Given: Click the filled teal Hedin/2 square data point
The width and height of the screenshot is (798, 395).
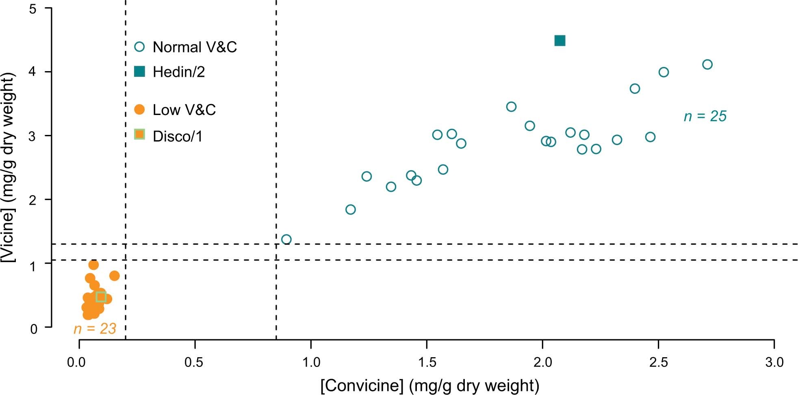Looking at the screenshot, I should pyautogui.click(x=559, y=41).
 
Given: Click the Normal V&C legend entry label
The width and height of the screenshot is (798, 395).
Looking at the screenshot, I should pyautogui.click(x=195, y=47).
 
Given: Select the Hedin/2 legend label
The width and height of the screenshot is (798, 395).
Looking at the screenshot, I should pyautogui.click(x=178, y=72).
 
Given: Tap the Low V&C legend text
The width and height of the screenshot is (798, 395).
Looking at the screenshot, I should pyautogui.click(x=184, y=110).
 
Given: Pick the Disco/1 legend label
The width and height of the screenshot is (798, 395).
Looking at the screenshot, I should pyautogui.click(x=177, y=137).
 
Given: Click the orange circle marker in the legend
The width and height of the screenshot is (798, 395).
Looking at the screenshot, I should pyautogui.click(x=139, y=109).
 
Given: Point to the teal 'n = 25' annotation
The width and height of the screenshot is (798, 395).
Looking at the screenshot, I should pyautogui.click(x=705, y=116).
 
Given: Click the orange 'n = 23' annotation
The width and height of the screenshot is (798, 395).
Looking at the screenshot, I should pyautogui.click(x=95, y=328).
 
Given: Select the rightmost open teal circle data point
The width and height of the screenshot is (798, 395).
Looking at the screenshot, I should pyautogui.click(x=707, y=65).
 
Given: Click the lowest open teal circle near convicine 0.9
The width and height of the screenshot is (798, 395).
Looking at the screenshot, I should pyautogui.click(x=286, y=239).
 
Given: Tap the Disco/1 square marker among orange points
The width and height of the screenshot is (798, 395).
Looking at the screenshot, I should pyautogui.click(x=101, y=297).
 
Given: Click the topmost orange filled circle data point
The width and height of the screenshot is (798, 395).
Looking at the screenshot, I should pyautogui.click(x=93, y=265).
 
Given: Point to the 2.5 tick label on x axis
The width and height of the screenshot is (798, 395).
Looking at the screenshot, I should pyautogui.click(x=658, y=362).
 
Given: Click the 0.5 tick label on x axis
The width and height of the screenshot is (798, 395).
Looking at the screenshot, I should pyautogui.click(x=194, y=362).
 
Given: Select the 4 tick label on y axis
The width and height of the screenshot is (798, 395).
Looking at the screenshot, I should pyautogui.click(x=33, y=72).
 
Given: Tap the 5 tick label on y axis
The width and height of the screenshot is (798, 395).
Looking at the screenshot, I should pyautogui.click(x=33, y=9).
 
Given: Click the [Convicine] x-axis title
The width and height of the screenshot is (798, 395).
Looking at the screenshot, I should pyautogui.click(x=429, y=385).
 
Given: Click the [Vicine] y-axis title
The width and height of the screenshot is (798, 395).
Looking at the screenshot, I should pyautogui.click(x=9, y=167).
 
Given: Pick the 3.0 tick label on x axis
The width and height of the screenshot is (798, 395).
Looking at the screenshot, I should pyautogui.click(x=774, y=362).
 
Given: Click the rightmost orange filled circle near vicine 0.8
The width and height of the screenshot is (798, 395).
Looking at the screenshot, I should pyautogui.click(x=115, y=276).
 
